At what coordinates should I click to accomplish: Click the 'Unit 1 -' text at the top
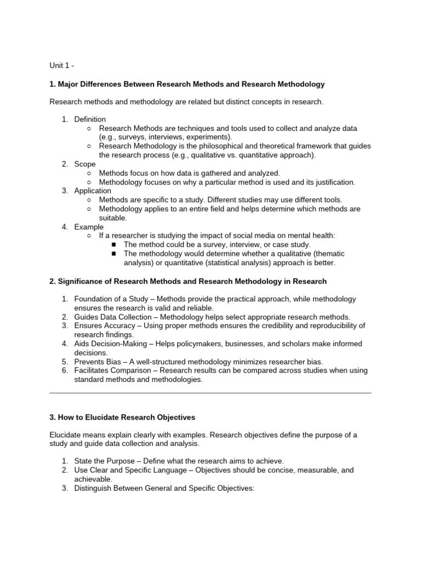61,66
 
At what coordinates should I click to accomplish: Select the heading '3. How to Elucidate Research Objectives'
122,417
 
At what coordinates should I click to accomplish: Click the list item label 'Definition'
90,119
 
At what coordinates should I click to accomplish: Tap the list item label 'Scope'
85,164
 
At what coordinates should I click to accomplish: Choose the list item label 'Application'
93,191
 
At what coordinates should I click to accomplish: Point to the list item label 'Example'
89,227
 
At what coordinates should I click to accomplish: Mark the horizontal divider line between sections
210,393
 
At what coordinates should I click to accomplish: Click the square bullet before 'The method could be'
114,245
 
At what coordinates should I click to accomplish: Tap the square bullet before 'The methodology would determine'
114,254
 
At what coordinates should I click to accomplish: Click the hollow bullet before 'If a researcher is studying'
89,236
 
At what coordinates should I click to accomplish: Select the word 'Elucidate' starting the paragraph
66,434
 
